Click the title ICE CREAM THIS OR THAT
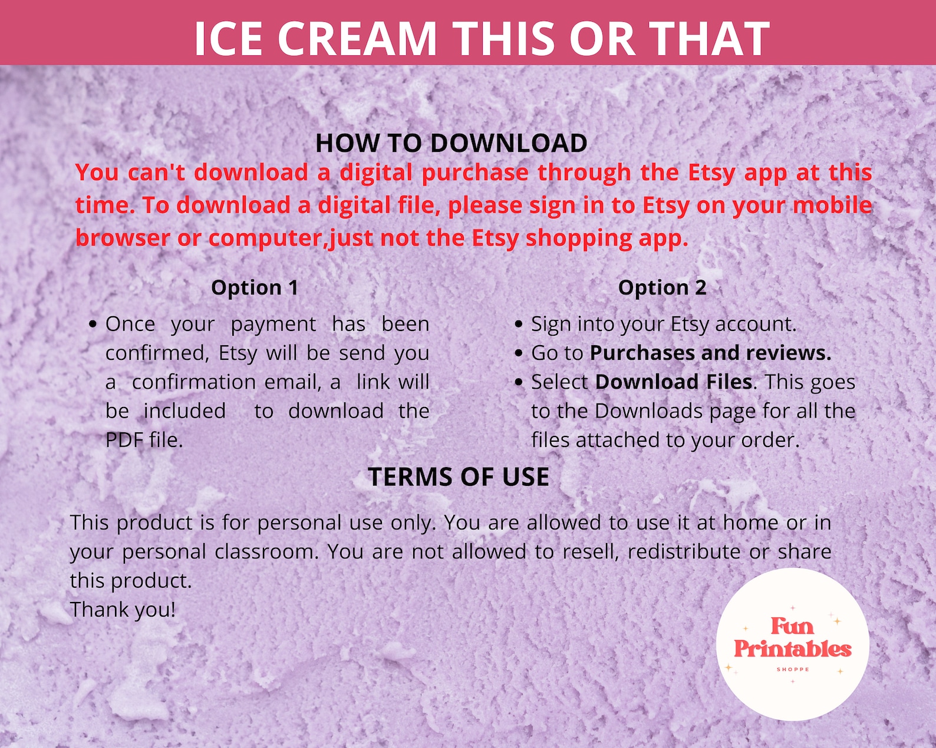pos(482,39)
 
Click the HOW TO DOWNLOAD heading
pos(451,143)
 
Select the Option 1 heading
pos(255,287)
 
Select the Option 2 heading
pos(662,287)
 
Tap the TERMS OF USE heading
pos(459,476)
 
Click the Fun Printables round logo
pos(792,644)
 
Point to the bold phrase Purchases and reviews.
pos(710,353)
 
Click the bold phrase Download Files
pos(674,382)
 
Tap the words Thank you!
pos(123,610)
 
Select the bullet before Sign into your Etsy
pos(518,325)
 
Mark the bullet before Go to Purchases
pos(518,353)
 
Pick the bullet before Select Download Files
pos(518,382)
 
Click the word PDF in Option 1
pos(124,440)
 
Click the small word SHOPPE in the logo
pos(793,670)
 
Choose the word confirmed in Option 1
pos(157,353)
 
